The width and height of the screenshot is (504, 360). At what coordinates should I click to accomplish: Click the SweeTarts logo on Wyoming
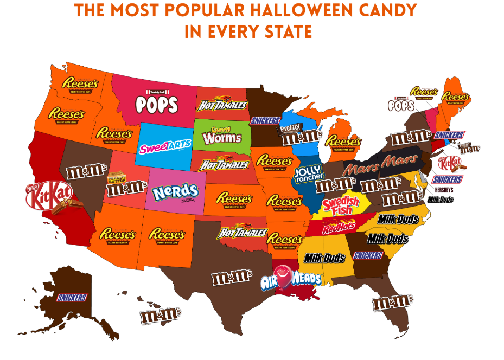point(161,147)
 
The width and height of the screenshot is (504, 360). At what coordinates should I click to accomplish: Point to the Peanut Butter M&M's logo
point(125,184)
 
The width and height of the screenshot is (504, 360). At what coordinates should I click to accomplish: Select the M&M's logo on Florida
point(392,303)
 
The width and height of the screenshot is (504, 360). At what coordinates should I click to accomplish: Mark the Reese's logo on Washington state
point(80,84)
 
